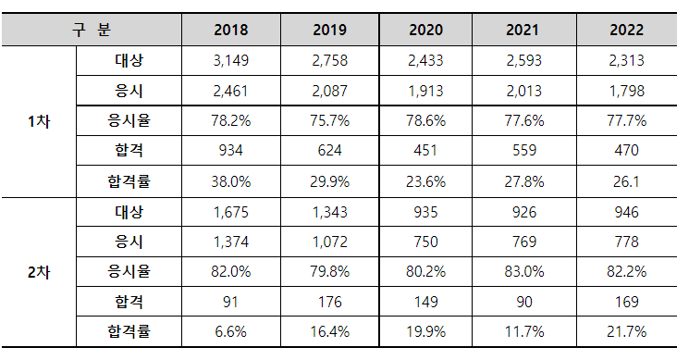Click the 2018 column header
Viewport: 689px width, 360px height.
click(x=230, y=30)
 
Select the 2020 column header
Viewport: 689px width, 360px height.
click(x=425, y=30)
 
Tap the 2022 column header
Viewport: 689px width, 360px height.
click(x=627, y=30)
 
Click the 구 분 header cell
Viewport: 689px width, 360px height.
click(x=92, y=30)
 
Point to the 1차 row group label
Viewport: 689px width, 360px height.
click(x=39, y=121)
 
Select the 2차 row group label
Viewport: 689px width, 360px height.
click(x=39, y=272)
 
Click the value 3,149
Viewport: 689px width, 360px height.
click(x=230, y=60)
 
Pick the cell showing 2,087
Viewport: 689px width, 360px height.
click(x=329, y=91)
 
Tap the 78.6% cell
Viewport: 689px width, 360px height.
click(x=425, y=120)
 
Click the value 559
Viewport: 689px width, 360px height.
click(x=524, y=150)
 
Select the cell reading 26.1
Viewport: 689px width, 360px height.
click(x=627, y=181)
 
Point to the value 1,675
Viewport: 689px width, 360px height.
click(x=230, y=212)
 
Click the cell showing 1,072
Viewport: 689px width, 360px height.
click(x=329, y=242)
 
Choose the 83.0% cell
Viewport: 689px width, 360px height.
click(x=524, y=272)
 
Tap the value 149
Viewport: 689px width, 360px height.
click(x=425, y=302)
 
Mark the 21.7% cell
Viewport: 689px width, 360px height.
click(x=627, y=331)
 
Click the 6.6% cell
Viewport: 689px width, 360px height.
click(x=230, y=331)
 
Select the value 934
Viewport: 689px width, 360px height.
click(x=230, y=150)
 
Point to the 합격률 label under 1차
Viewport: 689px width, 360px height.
click(x=129, y=181)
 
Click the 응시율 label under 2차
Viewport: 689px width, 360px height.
click(x=129, y=271)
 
